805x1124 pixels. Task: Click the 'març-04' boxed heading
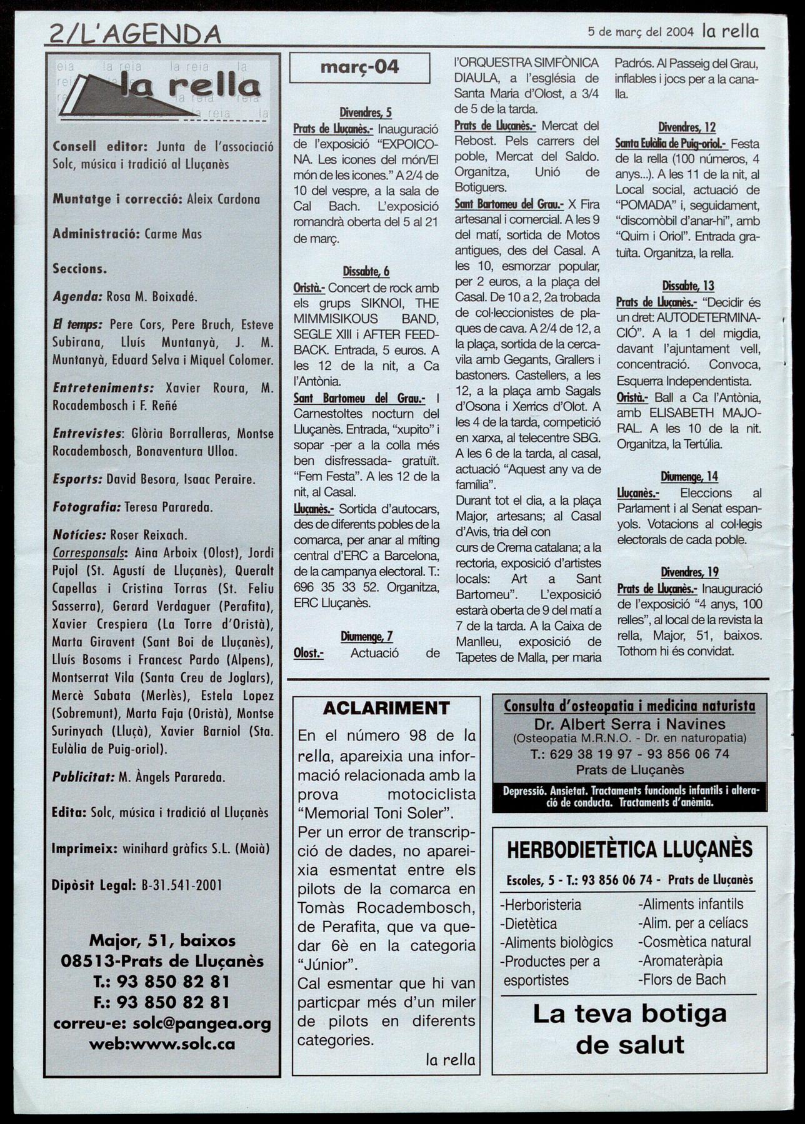pyautogui.click(x=359, y=67)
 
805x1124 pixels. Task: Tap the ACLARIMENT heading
pyautogui.click(x=386, y=708)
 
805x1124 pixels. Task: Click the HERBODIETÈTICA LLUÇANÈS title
pyautogui.click(x=630, y=850)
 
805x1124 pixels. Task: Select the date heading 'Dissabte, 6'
pyautogui.click(x=366, y=271)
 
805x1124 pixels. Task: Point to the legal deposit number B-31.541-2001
pyautogui.click(x=182, y=885)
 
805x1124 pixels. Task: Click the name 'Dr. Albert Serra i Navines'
pyautogui.click(x=629, y=724)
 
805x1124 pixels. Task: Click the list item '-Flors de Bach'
pyautogui.click(x=682, y=979)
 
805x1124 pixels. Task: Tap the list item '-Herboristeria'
pyautogui.click(x=541, y=904)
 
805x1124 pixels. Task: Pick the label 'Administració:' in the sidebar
pyautogui.click(x=96, y=234)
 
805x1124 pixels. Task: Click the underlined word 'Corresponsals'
pyautogui.click(x=88, y=553)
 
